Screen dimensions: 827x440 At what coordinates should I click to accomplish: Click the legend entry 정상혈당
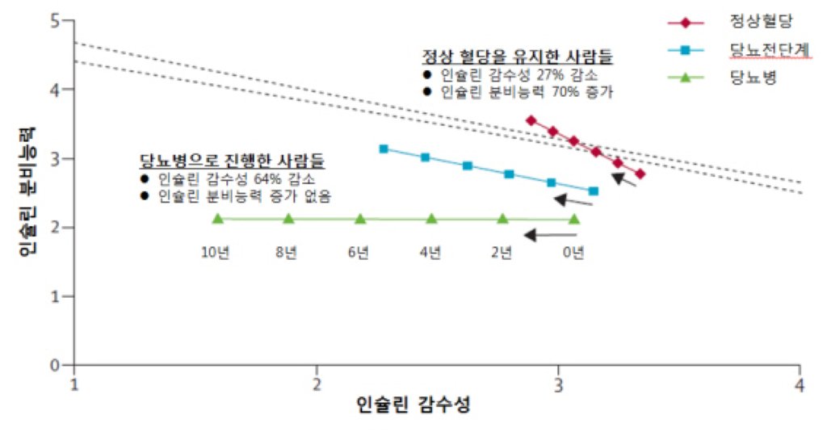coord(761,22)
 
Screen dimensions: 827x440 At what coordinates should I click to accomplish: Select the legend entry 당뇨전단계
coord(770,49)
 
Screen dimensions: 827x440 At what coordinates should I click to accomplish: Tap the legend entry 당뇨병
coord(753,78)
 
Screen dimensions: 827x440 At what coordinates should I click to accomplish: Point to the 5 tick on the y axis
coord(55,21)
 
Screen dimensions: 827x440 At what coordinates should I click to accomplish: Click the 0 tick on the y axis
coord(55,365)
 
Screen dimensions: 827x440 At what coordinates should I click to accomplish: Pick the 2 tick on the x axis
coord(317,384)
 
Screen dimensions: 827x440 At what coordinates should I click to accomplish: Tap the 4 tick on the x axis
coord(800,384)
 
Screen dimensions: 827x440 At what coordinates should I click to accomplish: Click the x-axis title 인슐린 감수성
coord(413,404)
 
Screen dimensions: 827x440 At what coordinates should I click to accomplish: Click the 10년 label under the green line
coord(215,253)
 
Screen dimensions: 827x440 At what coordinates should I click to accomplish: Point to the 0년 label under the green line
coord(573,253)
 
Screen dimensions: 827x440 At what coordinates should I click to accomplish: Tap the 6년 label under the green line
coord(358,253)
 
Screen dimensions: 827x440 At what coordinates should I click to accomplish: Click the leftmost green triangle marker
coord(217,218)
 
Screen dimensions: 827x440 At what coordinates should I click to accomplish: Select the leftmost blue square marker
coord(384,149)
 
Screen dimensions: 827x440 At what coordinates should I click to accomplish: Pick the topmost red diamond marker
coord(531,120)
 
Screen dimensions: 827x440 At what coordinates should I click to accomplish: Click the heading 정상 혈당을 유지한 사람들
coord(518,56)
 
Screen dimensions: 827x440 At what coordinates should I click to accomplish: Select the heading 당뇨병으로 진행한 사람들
coord(232,160)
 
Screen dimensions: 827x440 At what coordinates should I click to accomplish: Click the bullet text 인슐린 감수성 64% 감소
coord(237,179)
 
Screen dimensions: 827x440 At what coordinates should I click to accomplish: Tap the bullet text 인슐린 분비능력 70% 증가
coord(527,92)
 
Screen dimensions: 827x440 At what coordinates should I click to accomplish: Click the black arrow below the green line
coord(551,235)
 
